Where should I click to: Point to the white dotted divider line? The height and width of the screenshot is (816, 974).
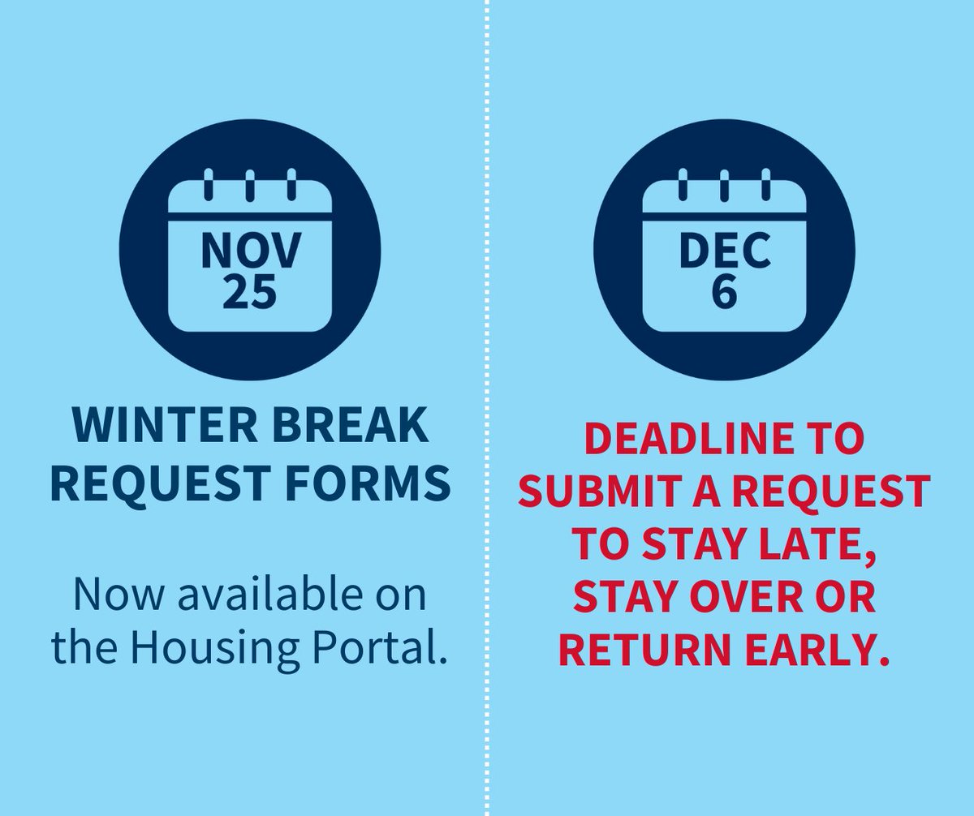488,406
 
